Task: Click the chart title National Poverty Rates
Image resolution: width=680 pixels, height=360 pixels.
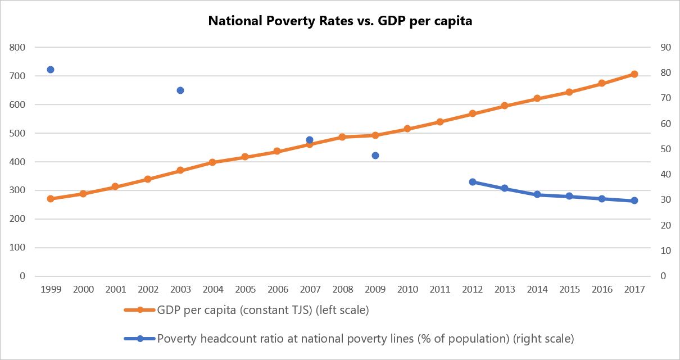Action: tap(340, 21)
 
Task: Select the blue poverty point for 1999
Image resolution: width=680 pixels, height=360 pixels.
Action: tap(51, 70)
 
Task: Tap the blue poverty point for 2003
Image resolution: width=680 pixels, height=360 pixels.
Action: tap(180, 90)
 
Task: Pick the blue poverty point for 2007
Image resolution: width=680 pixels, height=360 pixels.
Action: tap(310, 140)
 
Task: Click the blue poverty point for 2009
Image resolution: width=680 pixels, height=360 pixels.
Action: tap(375, 156)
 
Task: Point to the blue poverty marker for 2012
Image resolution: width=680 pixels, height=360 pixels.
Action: tap(473, 182)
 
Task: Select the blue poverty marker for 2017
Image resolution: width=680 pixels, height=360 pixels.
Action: tap(634, 200)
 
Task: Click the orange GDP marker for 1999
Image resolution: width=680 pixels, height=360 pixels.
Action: tap(51, 199)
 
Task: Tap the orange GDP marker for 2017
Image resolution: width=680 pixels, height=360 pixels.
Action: tap(634, 74)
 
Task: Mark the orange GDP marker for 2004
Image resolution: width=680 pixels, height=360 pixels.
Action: tap(212, 162)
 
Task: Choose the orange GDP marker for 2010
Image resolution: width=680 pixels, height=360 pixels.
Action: tap(407, 129)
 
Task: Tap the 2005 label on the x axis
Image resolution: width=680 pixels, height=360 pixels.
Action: tap(245, 290)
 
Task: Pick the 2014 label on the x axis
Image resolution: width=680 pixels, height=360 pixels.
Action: tap(537, 290)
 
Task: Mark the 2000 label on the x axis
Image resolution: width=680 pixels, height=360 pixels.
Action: tap(83, 290)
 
